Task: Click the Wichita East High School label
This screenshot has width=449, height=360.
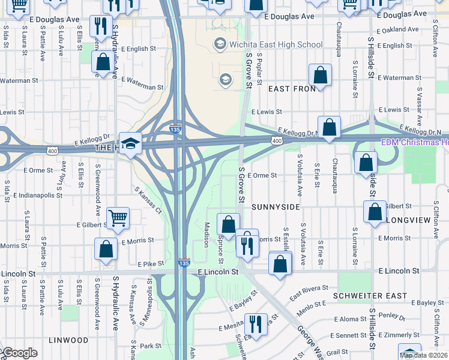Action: coord(276,44)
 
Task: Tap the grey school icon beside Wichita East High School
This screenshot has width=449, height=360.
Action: coord(220,44)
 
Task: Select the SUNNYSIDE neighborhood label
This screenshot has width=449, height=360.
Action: coord(276,206)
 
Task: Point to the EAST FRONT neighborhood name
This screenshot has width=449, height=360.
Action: coord(292,89)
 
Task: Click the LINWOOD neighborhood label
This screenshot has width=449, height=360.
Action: coord(69,340)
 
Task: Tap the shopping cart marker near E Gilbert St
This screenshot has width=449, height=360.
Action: coord(118,218)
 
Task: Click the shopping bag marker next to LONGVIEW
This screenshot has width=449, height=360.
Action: coord(375,212)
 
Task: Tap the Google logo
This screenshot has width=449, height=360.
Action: coord(19,353)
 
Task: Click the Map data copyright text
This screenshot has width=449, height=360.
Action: coord(424,355)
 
